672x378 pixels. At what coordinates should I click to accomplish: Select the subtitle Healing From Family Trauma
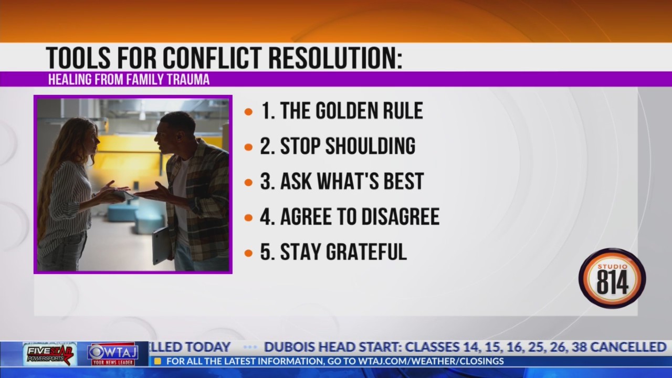[x=129, y=80]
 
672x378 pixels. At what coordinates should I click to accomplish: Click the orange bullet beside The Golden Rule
[x=249, y=112]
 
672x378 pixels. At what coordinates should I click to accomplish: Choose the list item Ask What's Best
[x=342, y=182]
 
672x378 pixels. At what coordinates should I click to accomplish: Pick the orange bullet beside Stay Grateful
[x=249, y=253]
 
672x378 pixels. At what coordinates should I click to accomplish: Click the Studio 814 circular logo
[x=612, y=278]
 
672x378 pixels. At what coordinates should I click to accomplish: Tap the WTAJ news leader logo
[x=112, y=354]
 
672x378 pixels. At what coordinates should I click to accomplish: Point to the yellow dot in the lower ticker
[x=157, y=361]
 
